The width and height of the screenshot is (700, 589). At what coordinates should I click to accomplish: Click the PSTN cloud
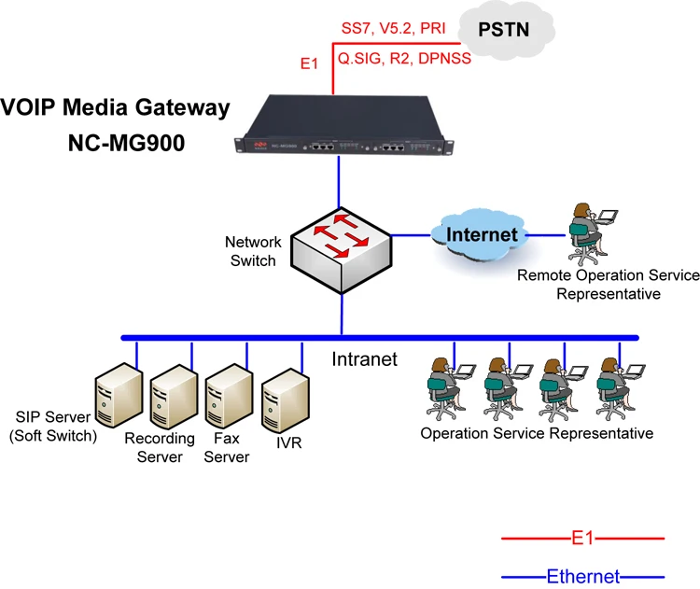[504, 30]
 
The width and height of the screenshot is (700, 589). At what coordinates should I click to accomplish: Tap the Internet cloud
[480, 233]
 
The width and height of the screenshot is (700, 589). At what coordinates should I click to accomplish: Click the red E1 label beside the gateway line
[309, 64]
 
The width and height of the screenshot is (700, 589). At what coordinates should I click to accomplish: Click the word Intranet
[365, 358]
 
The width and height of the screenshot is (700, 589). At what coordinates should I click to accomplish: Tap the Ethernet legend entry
[582, 576]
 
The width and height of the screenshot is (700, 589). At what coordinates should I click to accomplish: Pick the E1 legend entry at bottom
[582, 539]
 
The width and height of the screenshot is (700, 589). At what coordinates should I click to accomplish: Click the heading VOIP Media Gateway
[115, 107]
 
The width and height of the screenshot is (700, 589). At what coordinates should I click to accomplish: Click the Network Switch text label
[253, 251]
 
